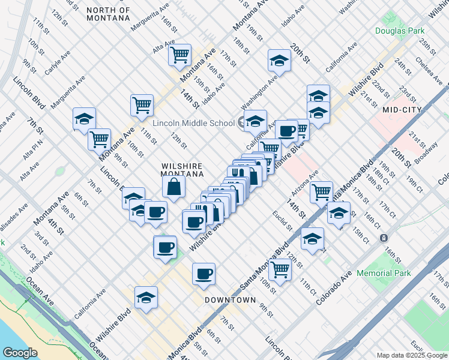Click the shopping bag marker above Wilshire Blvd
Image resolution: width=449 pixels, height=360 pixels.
click(173, 187)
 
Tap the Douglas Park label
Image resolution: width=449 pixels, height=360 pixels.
click(400, 31)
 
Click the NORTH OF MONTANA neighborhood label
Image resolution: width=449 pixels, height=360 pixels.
click(108, 14)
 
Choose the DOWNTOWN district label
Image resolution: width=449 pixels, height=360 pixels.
click(230, 299)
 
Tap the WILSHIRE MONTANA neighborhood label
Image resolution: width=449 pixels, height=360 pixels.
click(182, 170)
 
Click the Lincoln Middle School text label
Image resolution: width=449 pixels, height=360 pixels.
click(193, 123)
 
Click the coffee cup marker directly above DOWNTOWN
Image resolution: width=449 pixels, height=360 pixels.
click(203, 274)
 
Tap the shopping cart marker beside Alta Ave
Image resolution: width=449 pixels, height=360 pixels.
click(179, 56)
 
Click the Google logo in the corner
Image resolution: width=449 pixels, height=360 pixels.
click(20, 353)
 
